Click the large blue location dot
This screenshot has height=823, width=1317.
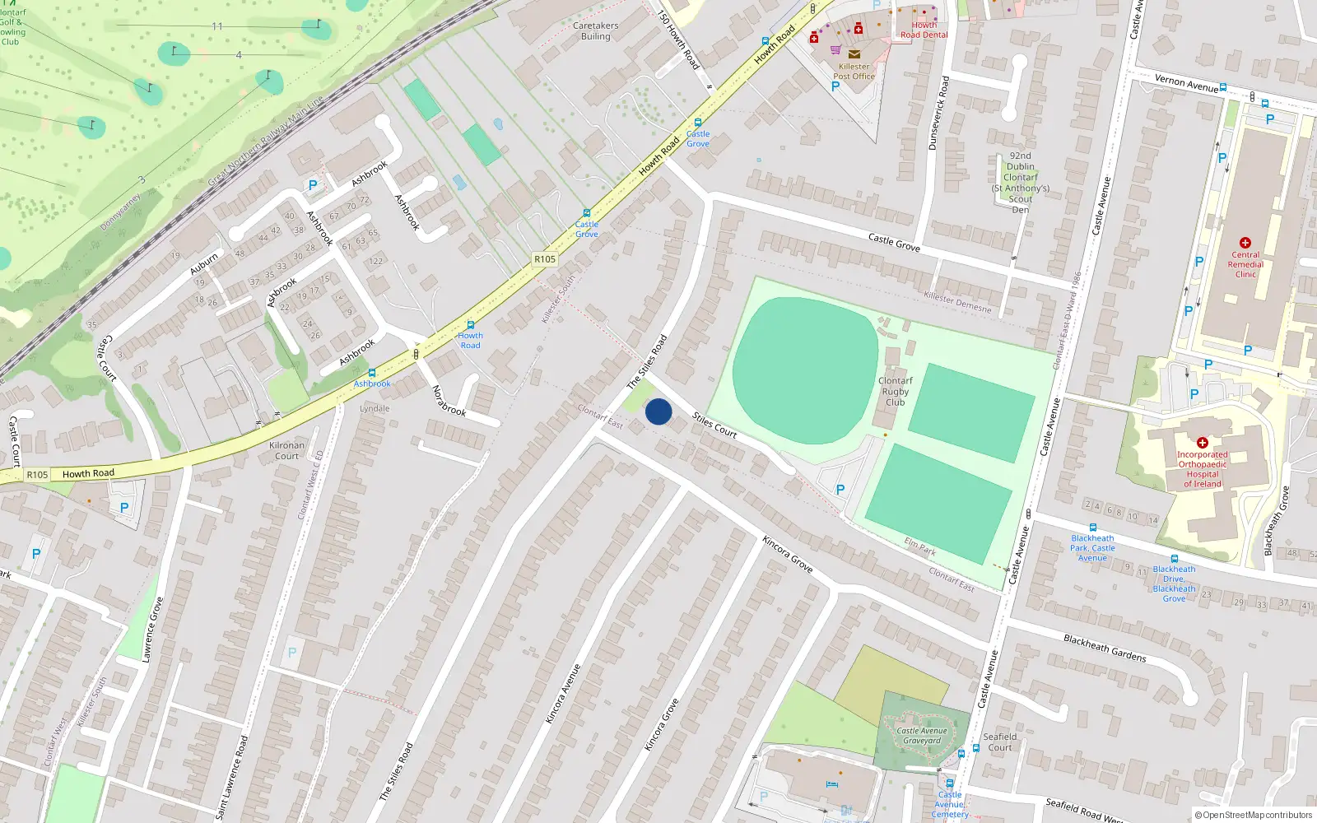tap(658, 411)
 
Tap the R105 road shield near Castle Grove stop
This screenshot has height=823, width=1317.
tap(545, 258)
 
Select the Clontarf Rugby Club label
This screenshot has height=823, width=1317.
tap(896, 391)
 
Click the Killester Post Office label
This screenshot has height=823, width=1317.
tap(854, 72)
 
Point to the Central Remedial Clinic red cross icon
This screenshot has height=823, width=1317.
tap(1245, 243)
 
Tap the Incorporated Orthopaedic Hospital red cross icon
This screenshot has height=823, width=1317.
tap(1202, 443)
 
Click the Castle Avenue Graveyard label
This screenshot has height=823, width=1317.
tap(922, 736)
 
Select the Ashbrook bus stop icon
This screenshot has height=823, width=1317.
tap(372, 373)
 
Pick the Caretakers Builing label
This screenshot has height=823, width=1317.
tap(595, 31)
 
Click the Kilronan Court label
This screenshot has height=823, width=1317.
tap(286, 451)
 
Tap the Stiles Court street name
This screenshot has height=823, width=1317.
tap(714, 425)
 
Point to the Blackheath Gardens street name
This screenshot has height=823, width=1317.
tap(1105, 648)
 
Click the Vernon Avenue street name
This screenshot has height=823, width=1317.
tap(1186, 82)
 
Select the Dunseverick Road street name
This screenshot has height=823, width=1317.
tap(938, 114)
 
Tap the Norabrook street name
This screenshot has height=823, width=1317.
tap(449, 401)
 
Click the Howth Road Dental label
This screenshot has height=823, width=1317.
tap(924, 30)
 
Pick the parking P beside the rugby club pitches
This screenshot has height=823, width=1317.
tap(840, 490)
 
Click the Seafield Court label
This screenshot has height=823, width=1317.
tap(1000, 742)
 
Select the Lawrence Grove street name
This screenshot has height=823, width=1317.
tap(152, 630)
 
